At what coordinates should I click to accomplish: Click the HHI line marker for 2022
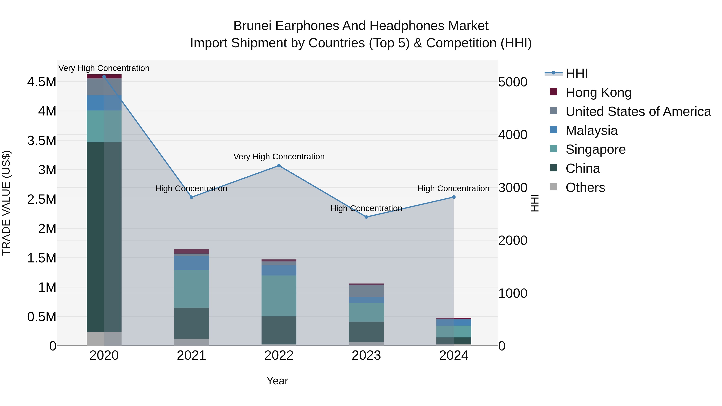pos(279,166)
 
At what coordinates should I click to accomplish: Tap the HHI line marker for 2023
pos(366,217)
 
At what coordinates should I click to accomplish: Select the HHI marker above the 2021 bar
pos(192,197)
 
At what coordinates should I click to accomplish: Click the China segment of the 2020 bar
pos(104,237)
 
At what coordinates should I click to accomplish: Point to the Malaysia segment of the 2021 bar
pos(192,263)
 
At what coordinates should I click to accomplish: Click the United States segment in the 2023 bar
pos(366,291)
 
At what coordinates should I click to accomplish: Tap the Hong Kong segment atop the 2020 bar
pos(104,76)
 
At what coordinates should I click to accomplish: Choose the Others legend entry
pos(585,187)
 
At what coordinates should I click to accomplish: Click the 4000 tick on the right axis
pos(513,135)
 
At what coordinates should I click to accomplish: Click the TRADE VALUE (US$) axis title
pos(6,203)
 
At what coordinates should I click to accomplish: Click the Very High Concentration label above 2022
pos(279,157)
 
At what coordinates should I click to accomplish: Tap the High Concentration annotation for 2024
pos(453,189)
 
